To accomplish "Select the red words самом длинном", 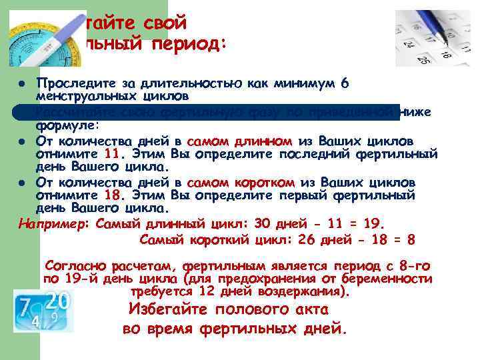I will click(240, 141).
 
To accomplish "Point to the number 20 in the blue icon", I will click(58, 301).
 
